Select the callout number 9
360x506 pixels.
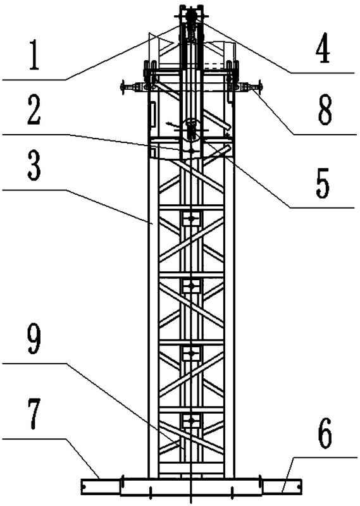point(34,339)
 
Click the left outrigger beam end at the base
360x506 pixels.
point(101,486)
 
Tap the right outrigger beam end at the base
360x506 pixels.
point(282,486)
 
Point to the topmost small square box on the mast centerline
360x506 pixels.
point(192,218)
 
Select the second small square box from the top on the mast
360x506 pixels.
point(192,286)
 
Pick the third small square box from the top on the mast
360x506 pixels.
point(192,354)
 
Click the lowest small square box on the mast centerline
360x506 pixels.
point(192,421)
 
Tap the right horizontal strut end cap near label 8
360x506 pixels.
point(260,87)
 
